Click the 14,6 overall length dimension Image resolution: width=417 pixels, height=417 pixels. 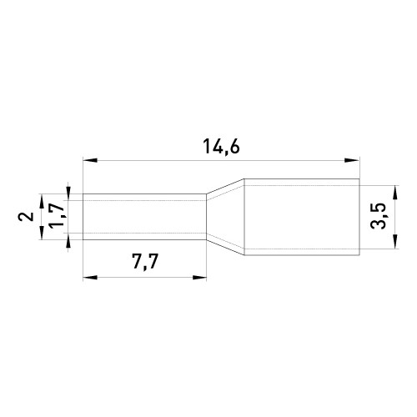click(x=221, y=146)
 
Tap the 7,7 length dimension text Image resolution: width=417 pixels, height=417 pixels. click(x=145, y=261)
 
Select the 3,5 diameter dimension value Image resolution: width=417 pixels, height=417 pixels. click(x=379, y=216)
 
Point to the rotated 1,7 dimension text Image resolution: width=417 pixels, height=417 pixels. click(x=57, y=215)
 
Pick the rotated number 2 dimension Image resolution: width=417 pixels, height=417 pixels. click(x=26, y=216)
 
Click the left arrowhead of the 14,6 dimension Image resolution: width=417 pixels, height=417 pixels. click(x=90, y=160)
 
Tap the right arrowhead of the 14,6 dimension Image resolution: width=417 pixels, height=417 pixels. click(x=352, y=160)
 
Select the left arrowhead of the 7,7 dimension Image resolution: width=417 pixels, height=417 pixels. click(x=90, y=277)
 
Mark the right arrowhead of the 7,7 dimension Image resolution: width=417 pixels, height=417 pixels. click(x=199, y=277)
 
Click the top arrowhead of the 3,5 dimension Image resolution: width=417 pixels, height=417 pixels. click(x=395, y=193)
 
